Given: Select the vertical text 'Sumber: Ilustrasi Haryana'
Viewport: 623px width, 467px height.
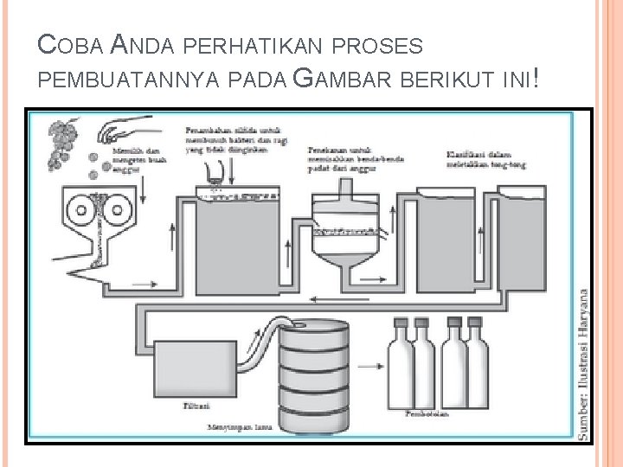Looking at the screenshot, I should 585,364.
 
